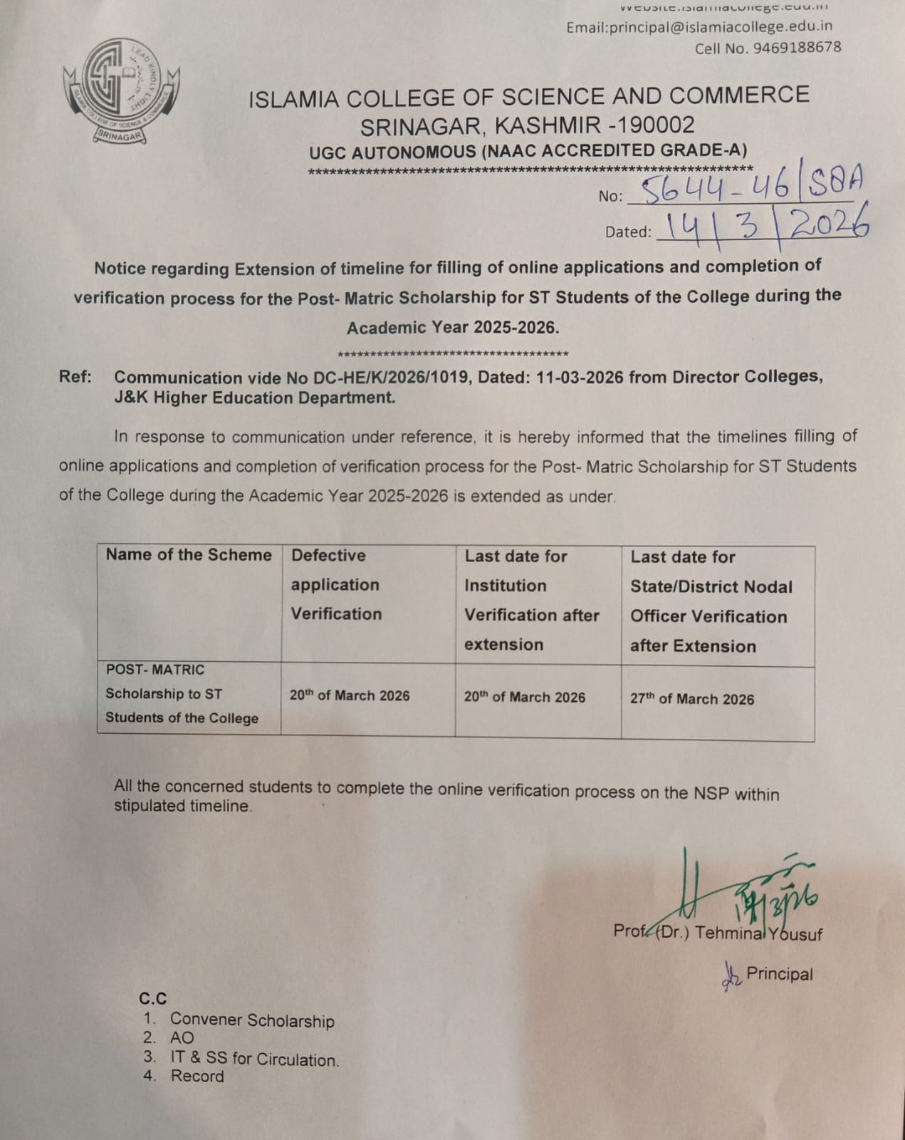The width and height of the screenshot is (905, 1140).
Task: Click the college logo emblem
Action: coord(121,91)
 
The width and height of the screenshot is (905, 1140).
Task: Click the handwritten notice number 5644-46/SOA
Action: coord(751,187)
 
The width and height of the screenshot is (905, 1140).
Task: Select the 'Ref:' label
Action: coord(75,377)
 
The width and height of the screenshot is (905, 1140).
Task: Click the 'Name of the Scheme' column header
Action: coord(189,555)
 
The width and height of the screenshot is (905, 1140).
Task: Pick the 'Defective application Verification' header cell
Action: coord(335,584)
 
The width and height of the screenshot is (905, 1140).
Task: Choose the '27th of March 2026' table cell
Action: coord(691,699)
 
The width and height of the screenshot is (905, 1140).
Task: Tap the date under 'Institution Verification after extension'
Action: coord(524,698)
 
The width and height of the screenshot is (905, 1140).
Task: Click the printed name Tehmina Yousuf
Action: coord(758,933)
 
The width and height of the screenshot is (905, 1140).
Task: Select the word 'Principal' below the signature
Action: coord(779,974)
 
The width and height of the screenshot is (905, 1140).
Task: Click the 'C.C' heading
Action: coord(153,999)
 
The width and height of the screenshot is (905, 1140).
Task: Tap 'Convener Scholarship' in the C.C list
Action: coord(252,1020)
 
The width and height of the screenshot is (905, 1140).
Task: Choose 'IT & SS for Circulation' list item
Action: coord(254,1059)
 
